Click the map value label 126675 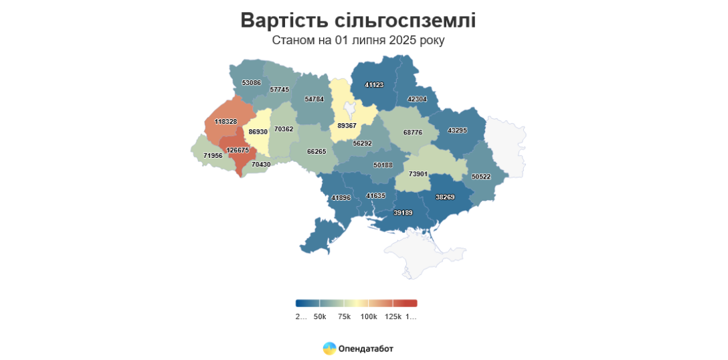pos(238,151)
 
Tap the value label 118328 pos(225,122)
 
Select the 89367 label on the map pos(347,126)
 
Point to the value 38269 pos(445,197)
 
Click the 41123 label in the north pos(374,85)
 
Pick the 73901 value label pos(418,174)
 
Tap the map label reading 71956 pos(213,156)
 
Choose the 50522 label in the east pos(482,177)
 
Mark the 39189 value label pos(403,213)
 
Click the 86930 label pos(258,132)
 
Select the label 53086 pos(252,83)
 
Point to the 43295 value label pos(458,130)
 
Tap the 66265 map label pos(316,152)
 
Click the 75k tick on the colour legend pos(345,317)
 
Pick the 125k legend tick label pos(393,317)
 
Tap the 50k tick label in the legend pos(320,317)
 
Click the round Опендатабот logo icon pos(329,348)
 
